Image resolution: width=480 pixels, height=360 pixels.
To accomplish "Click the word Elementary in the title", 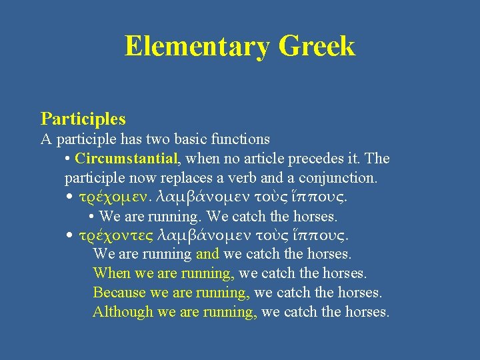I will click(197, 47).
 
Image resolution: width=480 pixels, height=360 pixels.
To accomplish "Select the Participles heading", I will click(83, 119).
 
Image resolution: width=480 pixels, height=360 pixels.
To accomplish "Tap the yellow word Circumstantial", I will click(127, 159).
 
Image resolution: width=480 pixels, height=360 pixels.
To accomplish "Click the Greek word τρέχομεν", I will click(114, 197).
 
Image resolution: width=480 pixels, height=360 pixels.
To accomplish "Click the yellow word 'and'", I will click(208, 254).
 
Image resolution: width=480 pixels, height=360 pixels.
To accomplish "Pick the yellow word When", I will click(112, 273).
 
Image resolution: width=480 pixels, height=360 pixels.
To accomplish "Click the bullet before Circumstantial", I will click(69, 159).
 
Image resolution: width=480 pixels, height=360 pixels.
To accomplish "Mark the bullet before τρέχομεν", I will click(70, 197).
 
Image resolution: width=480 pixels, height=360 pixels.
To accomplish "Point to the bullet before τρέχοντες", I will click(70, 235).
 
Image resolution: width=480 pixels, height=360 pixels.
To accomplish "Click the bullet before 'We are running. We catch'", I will click(91, 217).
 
